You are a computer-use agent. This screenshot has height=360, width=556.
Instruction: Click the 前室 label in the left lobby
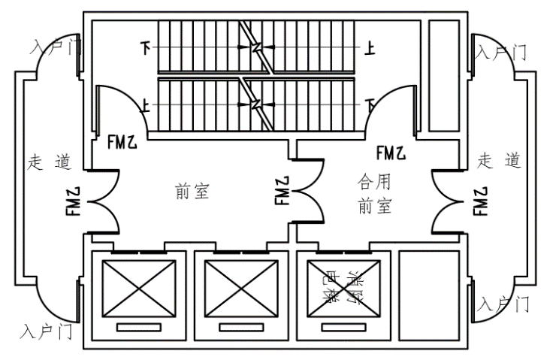coord(191,191)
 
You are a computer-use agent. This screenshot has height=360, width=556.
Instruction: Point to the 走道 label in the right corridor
coord(500,159)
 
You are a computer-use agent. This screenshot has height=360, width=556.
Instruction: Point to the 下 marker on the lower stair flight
coord(369,104)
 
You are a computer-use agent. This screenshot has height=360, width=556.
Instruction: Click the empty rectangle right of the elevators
coord(428,296)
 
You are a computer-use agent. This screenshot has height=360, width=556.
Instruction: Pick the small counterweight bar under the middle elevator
coord(240,327)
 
